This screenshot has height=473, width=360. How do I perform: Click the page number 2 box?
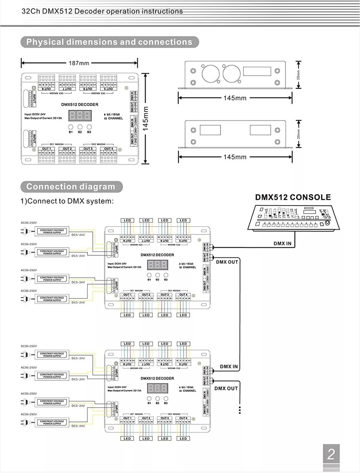point(331,455)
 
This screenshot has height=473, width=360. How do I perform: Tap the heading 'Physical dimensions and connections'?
point(109,42)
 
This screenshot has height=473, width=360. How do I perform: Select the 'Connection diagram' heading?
point(70,187)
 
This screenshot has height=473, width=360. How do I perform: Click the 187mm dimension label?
point(79,63)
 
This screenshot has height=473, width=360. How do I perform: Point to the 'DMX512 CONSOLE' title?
point(293,198)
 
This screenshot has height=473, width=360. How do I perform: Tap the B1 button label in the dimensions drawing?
point(70,132)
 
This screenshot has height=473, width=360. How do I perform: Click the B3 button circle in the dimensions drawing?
point(89,126)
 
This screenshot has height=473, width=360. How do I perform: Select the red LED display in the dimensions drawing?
point(80,116)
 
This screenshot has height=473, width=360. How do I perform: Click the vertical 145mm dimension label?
point(146,118)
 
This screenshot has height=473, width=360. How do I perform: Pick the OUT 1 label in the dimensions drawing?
point(46,149)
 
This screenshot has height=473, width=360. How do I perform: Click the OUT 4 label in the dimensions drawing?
point(108,149)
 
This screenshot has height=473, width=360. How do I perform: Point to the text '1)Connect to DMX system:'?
point(67,201)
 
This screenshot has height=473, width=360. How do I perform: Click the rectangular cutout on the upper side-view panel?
point(255,71)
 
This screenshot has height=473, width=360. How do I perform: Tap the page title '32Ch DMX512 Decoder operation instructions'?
point(102,11)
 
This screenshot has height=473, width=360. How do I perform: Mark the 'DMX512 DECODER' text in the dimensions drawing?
point(80,105)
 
